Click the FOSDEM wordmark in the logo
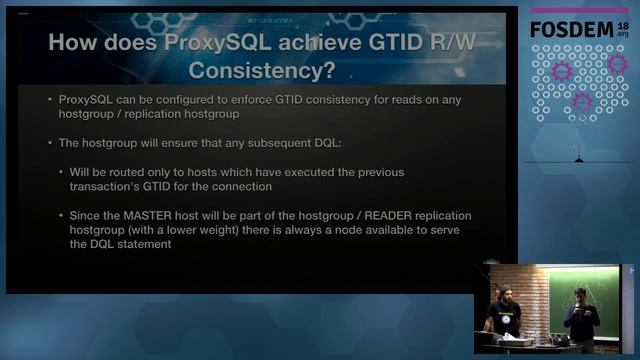[572, 28]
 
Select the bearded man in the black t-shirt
[500, 310]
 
